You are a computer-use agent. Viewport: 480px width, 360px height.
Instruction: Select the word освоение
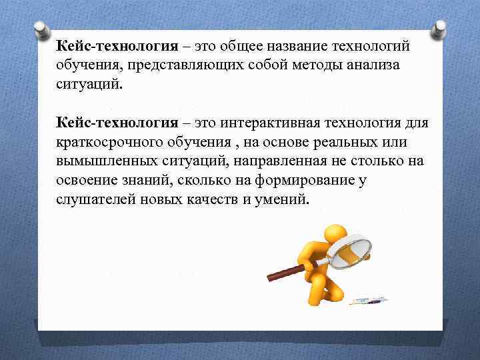click(x=89, y=181)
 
